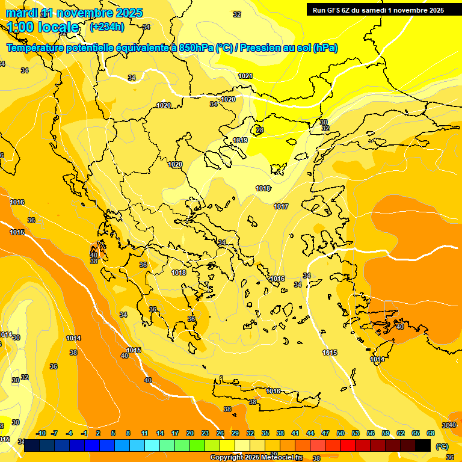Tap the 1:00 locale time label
pos(43,27)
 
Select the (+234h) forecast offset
pos(107,26)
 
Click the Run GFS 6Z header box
pos(378,10)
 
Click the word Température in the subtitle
pos(37,48)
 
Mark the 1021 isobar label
pos(245,76)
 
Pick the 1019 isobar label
pos(240,140)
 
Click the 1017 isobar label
pos(281,206)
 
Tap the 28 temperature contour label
pos(260,130)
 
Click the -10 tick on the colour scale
pos(41,433)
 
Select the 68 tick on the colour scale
pos(431,433)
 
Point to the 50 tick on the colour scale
pos(340,433)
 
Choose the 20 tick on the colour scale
pos(190,433)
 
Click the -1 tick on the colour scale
pos(84,433)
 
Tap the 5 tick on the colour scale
pos(114,433)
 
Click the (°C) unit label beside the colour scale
pos(442,446)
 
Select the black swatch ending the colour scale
pos(423,446)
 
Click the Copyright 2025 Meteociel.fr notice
pos(256,457)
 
